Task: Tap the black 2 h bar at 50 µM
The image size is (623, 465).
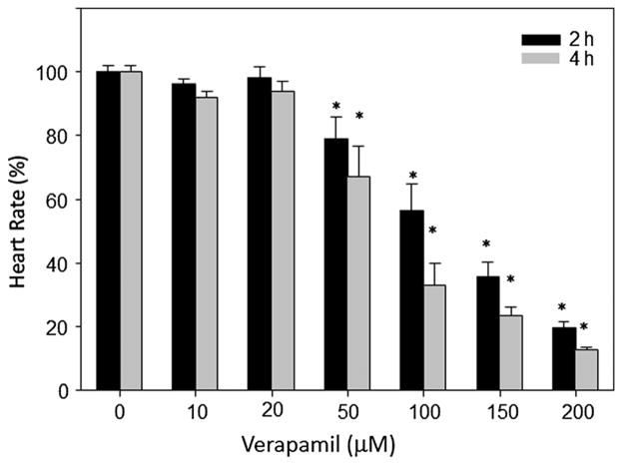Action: pos(336,264)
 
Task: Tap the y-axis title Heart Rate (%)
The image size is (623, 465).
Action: pos(19,230)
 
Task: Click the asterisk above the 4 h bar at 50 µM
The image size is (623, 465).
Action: pos(358,116)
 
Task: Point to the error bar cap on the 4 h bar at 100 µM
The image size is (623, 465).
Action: pos(434,263)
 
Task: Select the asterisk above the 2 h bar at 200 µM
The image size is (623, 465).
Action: pos(563,308)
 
